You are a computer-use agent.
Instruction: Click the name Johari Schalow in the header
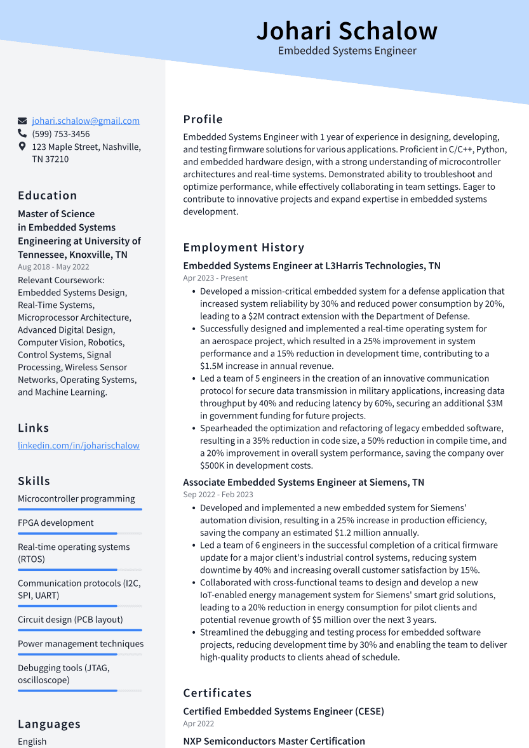click(x=347, y=30)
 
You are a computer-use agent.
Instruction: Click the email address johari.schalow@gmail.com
click(x=86, y=121)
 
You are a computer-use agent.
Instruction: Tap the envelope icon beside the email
click(x=22, y=121)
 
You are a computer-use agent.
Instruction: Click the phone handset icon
click(x=22, y=134)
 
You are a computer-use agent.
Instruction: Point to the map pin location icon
click(x=22, y=147)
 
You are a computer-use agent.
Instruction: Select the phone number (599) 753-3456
click(x=61, y=134)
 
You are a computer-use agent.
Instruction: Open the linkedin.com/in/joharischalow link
click(x=79, y=446)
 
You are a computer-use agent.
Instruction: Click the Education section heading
click(x=48, y=196)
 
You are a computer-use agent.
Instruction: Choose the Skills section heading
click(x=34, y=481)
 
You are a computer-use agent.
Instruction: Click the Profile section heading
click(x=203, y=119)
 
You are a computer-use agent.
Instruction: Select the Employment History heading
click(x=244, y=248)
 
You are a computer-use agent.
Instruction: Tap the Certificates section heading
click(x=218, y=693)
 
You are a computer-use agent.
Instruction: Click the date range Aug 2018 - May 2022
click(x=53, y=267)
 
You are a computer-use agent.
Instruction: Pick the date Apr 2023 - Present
click(x=215, y=278)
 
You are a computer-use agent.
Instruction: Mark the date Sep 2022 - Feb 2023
click(x=218, y=495)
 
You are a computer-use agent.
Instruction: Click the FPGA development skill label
click(x=56, y=523)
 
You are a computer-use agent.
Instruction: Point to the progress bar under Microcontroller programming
click(x=80, y=509)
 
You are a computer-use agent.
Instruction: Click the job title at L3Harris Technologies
click(x=312, y=266)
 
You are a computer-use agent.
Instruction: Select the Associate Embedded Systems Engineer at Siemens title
click(x=304, y=483)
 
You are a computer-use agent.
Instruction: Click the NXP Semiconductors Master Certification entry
click(x=274, y=741)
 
